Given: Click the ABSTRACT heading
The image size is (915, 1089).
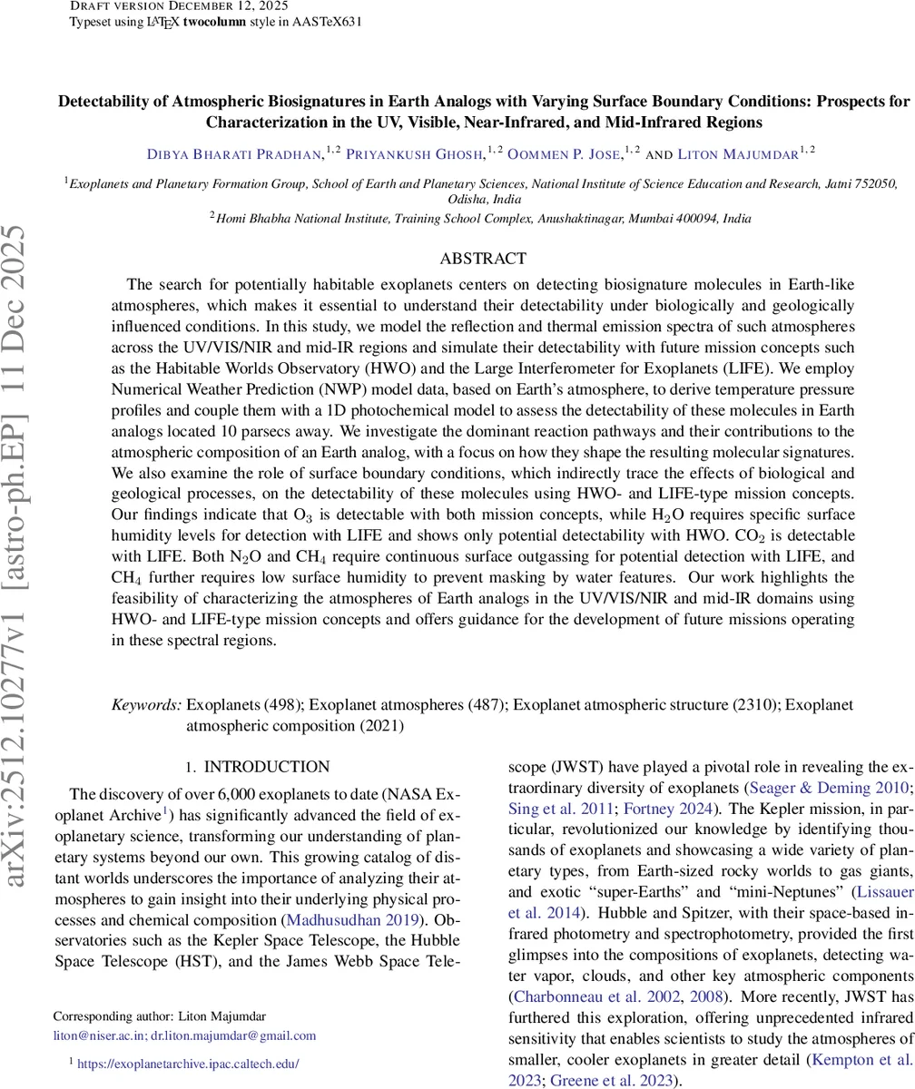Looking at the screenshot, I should point(482,259).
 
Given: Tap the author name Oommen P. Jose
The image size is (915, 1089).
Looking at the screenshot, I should point(564,154).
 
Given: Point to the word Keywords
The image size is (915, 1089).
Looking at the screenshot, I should point(146,705).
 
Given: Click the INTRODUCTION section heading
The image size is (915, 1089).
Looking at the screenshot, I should point(266,767).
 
